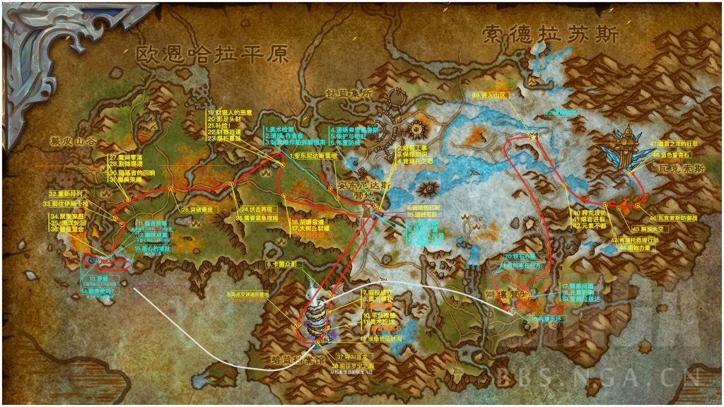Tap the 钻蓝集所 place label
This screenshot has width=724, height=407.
click(x=349, y=93)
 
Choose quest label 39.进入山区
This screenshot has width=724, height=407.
click(x=490, y=95)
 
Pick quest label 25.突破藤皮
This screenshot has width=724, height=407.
click(x=198, y=210)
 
